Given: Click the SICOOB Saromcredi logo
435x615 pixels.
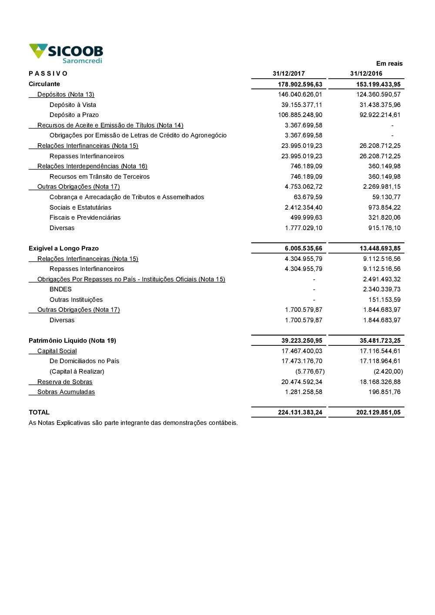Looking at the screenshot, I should [66, 53].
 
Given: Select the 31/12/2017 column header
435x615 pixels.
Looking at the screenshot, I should [289, 74].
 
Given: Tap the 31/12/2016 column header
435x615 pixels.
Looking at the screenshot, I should [366, 74].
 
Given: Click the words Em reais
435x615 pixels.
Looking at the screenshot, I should [389, 64].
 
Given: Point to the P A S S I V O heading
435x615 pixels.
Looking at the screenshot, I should [48, 74].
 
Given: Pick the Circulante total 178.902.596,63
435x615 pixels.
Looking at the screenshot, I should [300, 84].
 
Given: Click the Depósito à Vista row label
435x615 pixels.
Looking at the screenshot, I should [73, 105].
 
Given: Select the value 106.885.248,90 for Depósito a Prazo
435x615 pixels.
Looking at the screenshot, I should [300, 115].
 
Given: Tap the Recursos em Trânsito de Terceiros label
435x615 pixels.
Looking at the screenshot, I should [100, 177].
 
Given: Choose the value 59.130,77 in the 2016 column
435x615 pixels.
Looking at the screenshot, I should [386, 197].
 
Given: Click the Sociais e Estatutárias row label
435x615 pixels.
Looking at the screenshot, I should [80, 207].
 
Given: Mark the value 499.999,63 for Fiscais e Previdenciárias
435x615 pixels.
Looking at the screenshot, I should [306, 217].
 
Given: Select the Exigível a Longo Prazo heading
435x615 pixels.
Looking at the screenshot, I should [64, 248].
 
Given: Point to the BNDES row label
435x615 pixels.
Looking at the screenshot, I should [60, 289].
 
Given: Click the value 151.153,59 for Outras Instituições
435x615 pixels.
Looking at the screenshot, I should [385, 300].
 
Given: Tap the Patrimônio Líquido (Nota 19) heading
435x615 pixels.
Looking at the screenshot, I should [72, 341].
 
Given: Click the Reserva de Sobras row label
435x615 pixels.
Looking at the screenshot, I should [65, 382].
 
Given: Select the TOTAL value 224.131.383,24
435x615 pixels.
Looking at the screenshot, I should [300, 412].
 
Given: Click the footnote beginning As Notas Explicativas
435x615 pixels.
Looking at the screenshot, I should [133, 423].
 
